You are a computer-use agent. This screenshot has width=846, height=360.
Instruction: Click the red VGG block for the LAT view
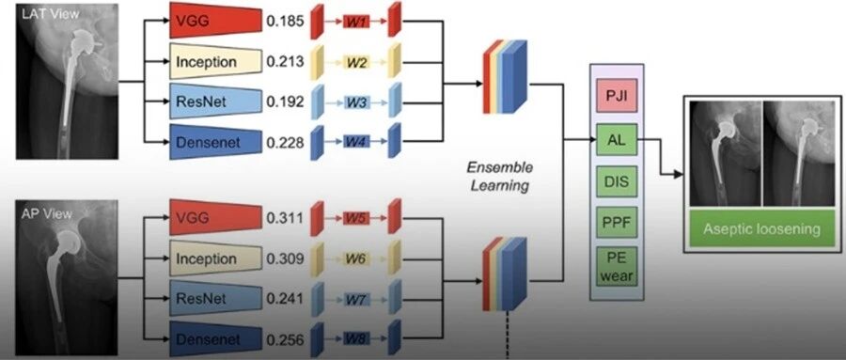[216, 21]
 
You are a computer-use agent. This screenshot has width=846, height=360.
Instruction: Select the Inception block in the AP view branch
[216, 259]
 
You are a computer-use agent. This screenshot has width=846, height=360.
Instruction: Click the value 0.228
[286, 143]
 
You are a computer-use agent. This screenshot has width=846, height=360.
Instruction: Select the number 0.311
[286, 219]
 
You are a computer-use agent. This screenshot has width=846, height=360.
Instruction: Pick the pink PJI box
[617, 96]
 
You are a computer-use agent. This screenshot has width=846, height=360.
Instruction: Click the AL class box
[617, 140]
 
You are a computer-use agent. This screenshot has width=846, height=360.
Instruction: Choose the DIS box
[617, 182]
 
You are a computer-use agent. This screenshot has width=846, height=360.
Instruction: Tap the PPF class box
[617, 223]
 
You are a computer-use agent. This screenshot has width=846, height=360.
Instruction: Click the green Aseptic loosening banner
[761, 228]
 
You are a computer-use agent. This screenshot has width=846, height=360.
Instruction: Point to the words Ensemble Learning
[499, 177]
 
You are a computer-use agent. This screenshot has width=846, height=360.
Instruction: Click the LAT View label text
[50, 13]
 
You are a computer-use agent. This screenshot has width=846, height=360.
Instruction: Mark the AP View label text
[47, 213]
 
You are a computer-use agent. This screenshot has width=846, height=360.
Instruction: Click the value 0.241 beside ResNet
[286, 299]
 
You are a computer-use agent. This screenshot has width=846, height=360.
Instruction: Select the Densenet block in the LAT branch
[216, 142]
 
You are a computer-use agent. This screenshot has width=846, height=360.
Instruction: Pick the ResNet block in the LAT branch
[216, 102]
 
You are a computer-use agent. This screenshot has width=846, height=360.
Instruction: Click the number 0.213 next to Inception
[286, 62]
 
